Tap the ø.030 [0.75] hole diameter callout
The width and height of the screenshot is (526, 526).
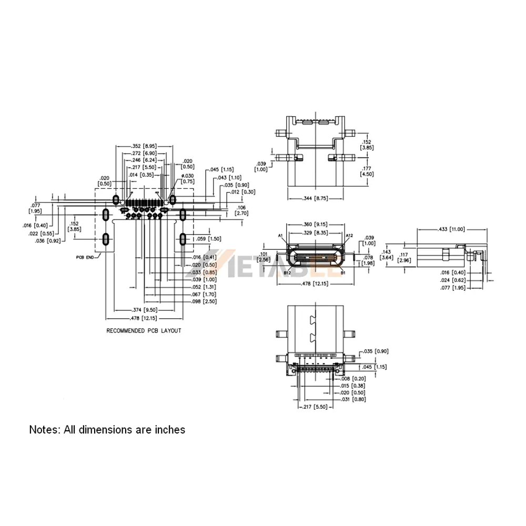coord(188,178)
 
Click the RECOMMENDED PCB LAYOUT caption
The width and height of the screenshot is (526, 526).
coord(144,331)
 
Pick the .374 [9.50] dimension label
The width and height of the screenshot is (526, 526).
coord(144,310)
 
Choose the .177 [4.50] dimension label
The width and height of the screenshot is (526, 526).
coord(367,171)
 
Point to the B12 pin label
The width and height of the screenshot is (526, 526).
coord(288,273)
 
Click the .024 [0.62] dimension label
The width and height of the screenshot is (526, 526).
coord(452,280)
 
